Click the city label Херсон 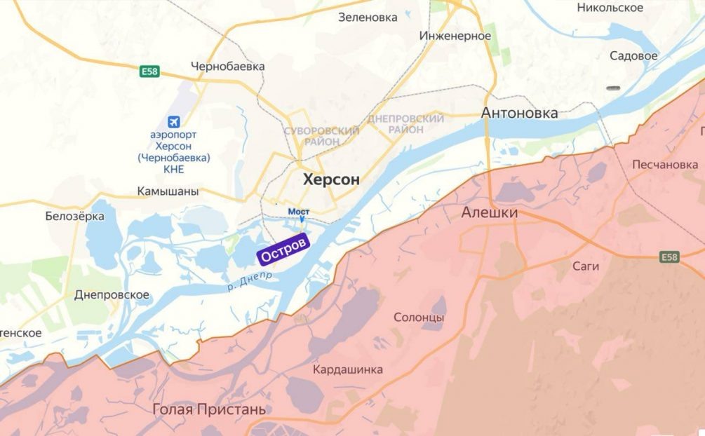coord(331,179)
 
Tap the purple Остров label coord(283,251)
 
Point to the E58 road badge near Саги coord(670,258)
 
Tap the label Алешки coord(489,212)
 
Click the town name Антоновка coord(520,113)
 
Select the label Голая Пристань coord(199,409)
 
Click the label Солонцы coord(418,318)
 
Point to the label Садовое coord(633,55)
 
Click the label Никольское coord(610,8)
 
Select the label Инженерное coord(455,36)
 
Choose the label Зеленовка coord(368,18)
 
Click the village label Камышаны coord(168,191)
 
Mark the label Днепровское coord(112,295)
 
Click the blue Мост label coord(299,211)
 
